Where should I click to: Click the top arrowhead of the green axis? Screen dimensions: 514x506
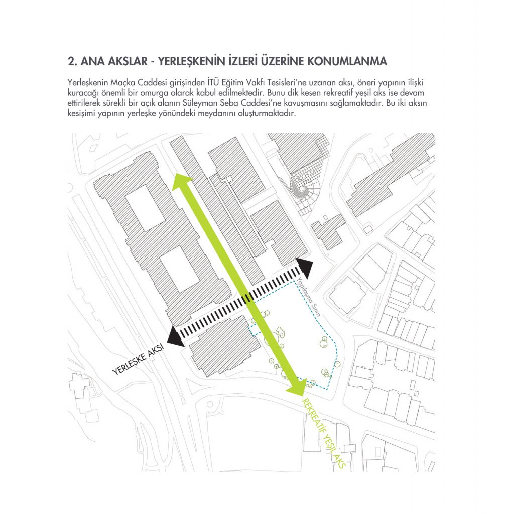(x=182, y=182)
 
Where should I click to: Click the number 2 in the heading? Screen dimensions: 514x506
(x=70, y=62)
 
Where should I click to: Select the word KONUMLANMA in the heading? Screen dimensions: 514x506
(x=347, y=62)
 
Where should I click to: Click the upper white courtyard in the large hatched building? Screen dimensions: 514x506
(x=145, y=207)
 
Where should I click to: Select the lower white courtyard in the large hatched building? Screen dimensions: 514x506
(x=179, y=269)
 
